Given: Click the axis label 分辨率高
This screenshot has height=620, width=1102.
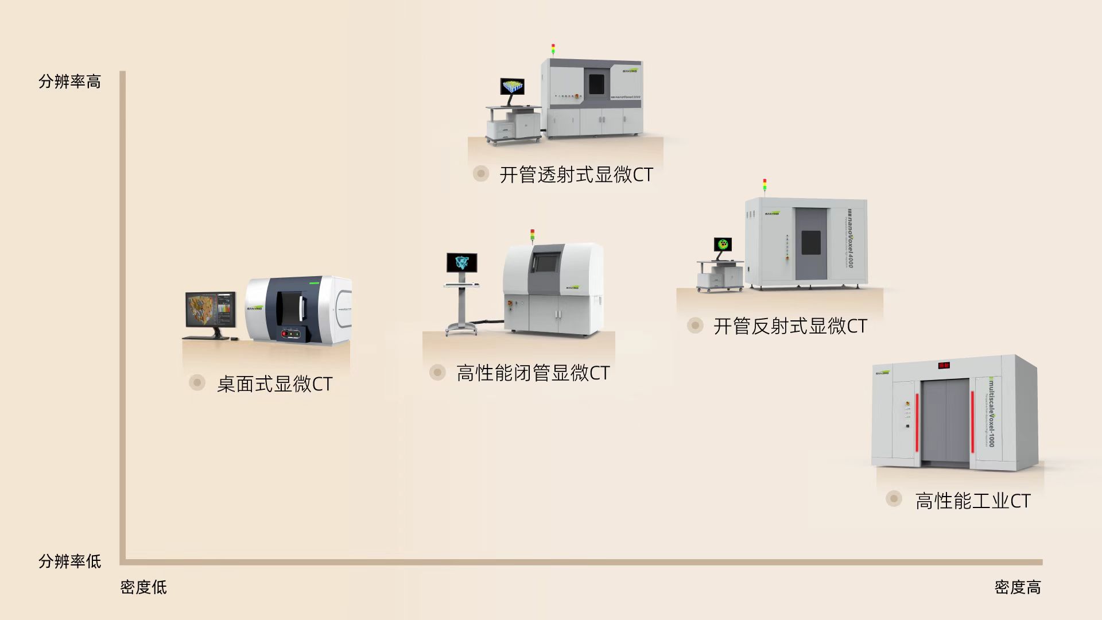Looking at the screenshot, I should (69, 82).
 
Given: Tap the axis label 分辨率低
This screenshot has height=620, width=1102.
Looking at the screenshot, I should (69, 561).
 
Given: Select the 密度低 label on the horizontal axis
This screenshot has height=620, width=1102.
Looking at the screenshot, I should (143, 587).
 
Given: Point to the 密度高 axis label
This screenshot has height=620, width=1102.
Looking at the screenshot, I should (1017, 587).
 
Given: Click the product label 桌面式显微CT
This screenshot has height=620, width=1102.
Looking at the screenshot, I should (274, 384).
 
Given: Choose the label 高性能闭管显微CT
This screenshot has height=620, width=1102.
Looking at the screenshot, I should (533, 373).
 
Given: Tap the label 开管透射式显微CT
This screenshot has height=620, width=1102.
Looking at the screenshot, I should (576, 175).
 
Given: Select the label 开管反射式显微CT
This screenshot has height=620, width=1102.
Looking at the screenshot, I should (790, 326).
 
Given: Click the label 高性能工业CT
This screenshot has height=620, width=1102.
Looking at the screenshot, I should (972, 501).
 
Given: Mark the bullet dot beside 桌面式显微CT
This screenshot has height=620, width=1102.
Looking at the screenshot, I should (197, 382).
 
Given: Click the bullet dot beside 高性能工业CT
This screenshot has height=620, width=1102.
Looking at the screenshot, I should (894, 498).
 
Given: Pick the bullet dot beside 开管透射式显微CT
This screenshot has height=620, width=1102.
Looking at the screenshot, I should (480, 173).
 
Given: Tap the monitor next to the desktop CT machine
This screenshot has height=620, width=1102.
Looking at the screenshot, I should (210, 310).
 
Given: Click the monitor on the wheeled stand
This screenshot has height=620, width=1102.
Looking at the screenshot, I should (461, 263).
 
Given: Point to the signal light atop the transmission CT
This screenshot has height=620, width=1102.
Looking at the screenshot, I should (553, 49).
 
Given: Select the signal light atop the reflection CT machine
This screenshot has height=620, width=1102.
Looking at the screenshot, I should (765, 184).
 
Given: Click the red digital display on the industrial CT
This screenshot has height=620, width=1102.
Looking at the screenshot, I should (944, 365).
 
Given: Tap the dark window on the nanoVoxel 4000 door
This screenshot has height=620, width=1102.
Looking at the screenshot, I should (810, 242).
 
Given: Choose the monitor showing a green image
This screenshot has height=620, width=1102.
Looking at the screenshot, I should (723, 245).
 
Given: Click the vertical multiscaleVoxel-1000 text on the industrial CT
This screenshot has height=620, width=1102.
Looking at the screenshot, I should (991, 412).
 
